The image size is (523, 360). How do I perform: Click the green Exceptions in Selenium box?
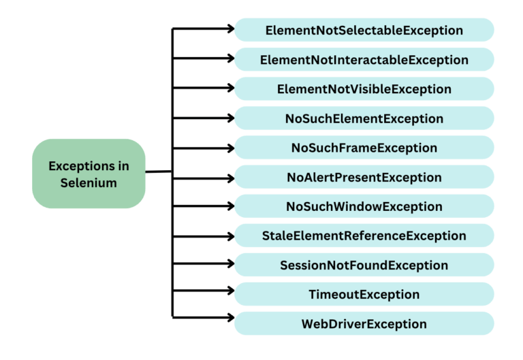(x=89, y=174)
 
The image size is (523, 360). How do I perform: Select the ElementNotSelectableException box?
(x=364, y=31)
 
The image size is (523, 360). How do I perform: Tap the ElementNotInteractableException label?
(x=364, y=60)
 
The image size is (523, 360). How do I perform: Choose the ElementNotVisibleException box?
(x=364, y=89)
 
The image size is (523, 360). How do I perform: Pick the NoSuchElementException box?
(x=364, y=118)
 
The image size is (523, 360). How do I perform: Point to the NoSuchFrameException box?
(x=364, y=148)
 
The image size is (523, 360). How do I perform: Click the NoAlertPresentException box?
(x=364, y=177)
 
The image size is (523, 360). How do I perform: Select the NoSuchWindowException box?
(x=364, y=206)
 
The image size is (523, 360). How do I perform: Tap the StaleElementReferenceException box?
(x=364, y=236)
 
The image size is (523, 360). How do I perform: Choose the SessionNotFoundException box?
(x=364, y=265)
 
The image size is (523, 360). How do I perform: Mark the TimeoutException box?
(x=364, y=295)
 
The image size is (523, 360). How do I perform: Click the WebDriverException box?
(x=364, y=324)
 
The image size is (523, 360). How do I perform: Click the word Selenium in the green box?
(x=89, y=182)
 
